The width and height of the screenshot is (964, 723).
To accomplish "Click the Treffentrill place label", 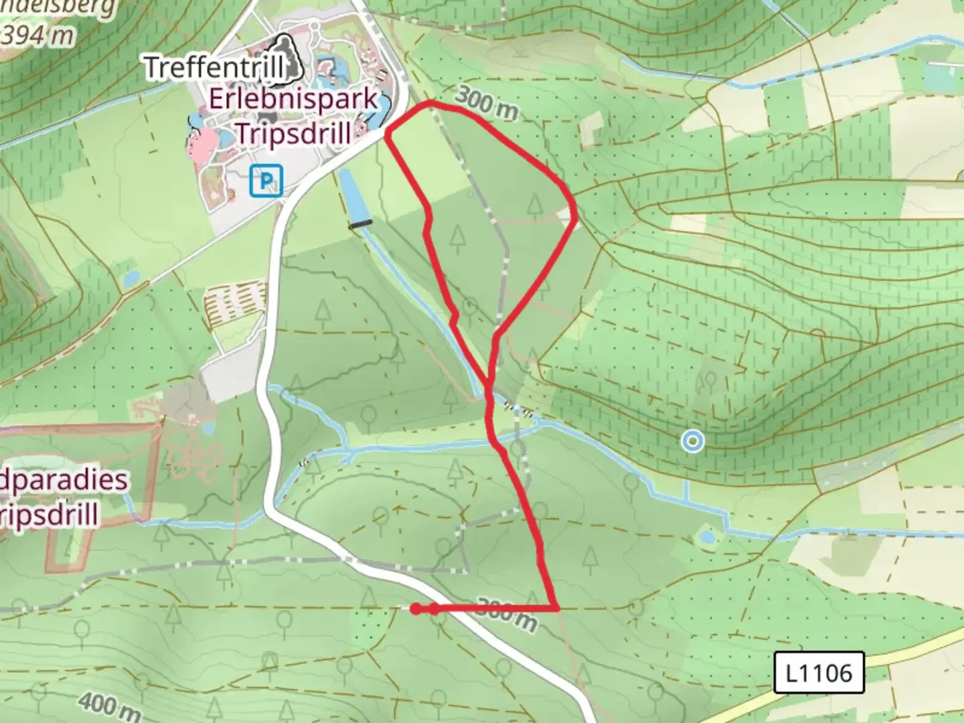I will [x=213, y=67].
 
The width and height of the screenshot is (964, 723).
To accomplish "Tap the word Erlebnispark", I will [x=293, y=100].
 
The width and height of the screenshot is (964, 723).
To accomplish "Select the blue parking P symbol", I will [x=266, y=181].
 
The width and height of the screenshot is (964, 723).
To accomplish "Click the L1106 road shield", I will [x=819, y=672].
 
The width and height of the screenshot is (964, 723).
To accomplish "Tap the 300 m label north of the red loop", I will [x=486, y=104].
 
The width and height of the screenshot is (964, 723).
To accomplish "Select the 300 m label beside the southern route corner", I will [x=509, y=615].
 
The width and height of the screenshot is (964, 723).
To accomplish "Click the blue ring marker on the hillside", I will [x=692, y=440].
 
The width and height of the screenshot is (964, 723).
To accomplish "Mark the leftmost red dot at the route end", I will [x=416, y=609].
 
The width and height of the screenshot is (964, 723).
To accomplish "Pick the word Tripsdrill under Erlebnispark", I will [x=293, y=133].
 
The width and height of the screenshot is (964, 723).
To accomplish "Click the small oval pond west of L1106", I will [x=706, y=537].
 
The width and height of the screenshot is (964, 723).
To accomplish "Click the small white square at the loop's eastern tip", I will [x=566, y=214].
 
